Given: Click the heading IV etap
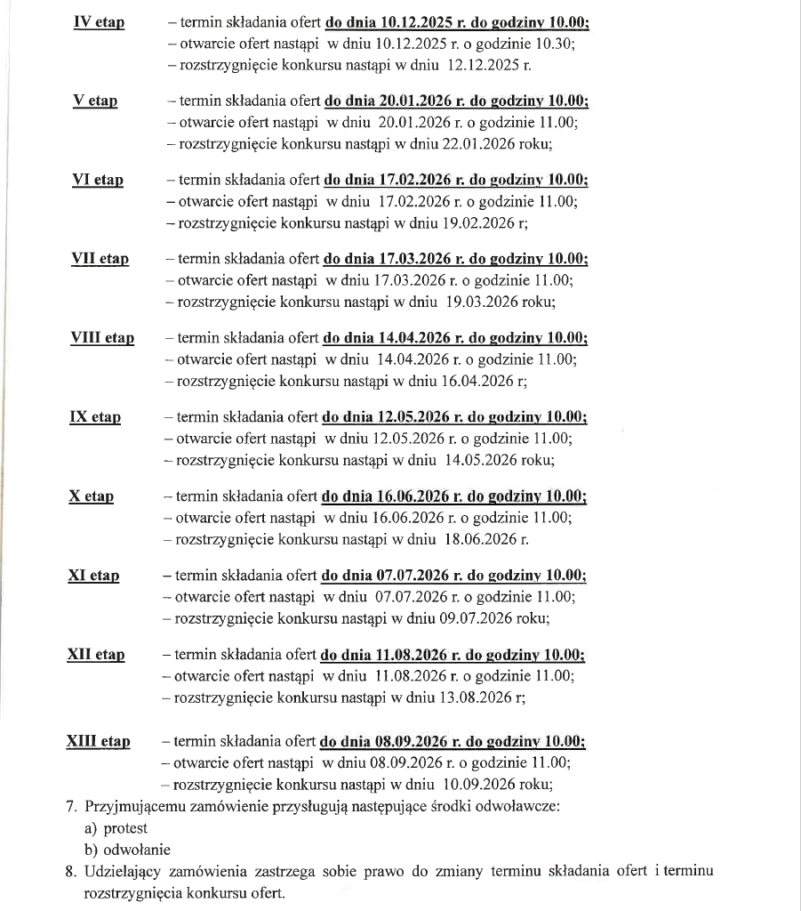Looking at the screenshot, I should pyautogui.click(x=98, y=21).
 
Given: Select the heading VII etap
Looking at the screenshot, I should pyautogui.click(x=100, y=259).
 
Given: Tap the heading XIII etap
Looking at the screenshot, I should pyautogui.click(x=98, y=741).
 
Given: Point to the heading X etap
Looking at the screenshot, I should pyautogui.click(x=91, y=496).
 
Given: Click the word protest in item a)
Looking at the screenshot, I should pyautogui.click(x=124, y=828).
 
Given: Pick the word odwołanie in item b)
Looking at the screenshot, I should pyautogui.click(x=137, y=850).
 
